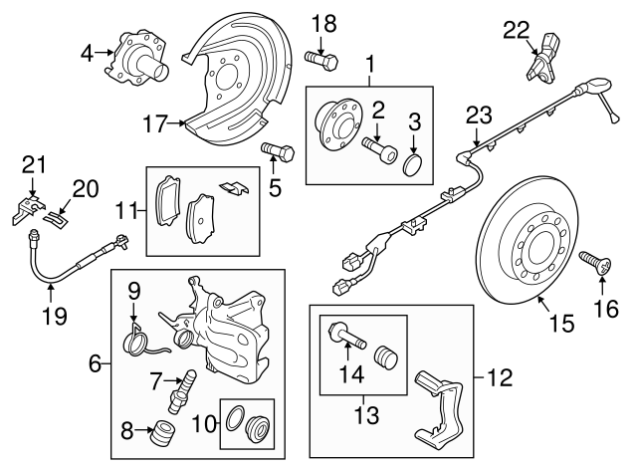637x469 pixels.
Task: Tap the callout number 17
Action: coord(154,124)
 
